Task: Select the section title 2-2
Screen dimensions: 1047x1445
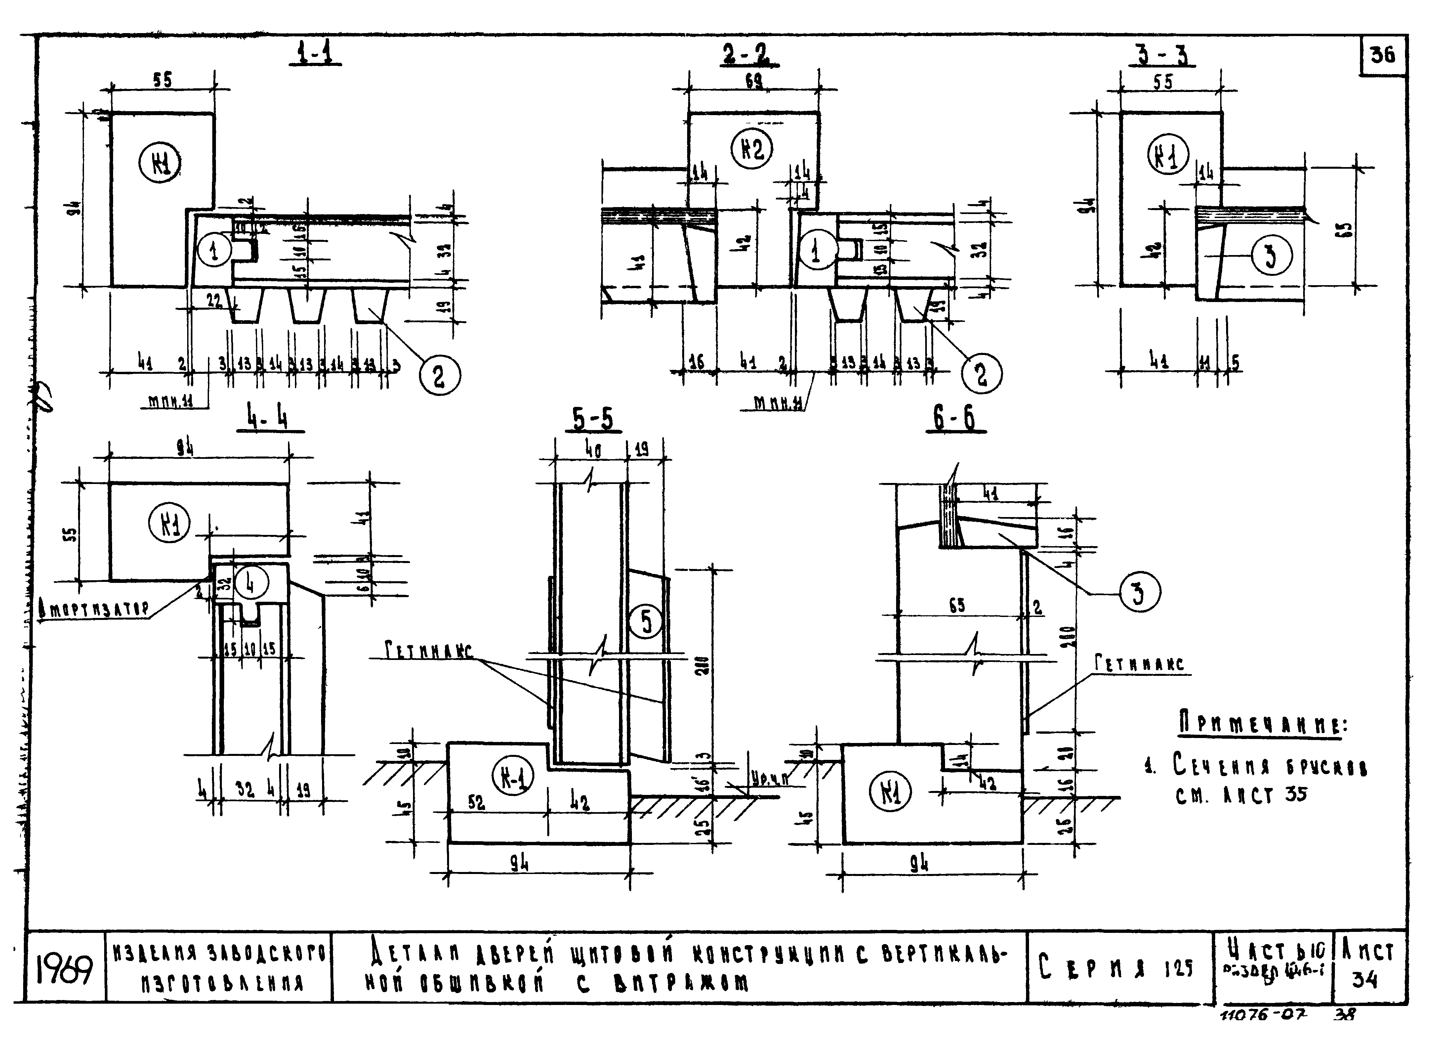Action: (751, 55)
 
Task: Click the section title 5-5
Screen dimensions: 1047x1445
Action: (593, 420)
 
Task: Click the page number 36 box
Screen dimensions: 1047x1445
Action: (1383, 55)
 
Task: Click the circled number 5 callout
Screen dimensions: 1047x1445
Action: (646, 621)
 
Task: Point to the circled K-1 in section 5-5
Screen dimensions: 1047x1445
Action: (513, 777)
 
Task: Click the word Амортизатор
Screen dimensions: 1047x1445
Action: (94, 610)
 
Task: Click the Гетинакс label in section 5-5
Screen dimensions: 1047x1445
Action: (429, 651)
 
